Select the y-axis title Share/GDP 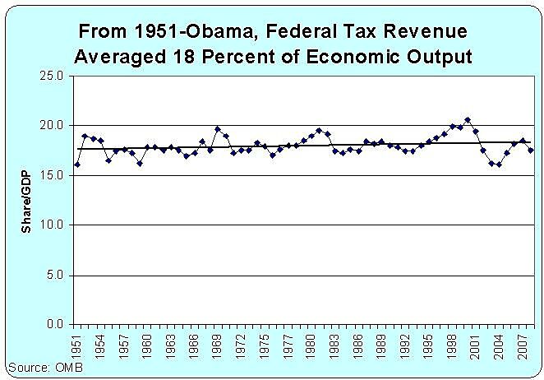point(25,200)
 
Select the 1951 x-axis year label point(77,344)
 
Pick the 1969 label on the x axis point(218,344)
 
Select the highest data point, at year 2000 point(468,120)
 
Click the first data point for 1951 point(77,165)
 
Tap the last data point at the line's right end point(530,151)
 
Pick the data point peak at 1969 point(218,129)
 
